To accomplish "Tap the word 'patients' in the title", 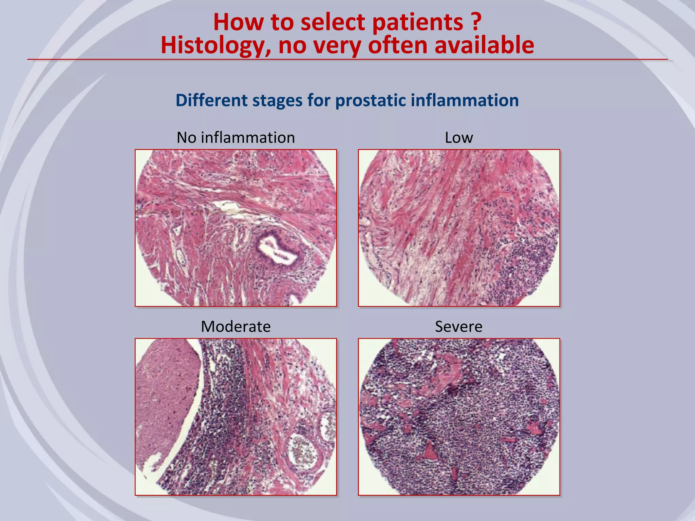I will pyautogui.click(x=418, y=22).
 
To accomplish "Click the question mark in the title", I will pyautogui.click(x=476, y=22).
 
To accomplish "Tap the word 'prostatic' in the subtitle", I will pyautogui.click(x=370, y=100).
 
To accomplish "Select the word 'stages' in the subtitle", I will pyautogui.click(x=277, y=100).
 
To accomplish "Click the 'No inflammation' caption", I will pyautogui.click(x=236, y=138).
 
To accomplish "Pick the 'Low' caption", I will pyautogui.click(x=459, y=138).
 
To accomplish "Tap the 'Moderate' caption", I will pyautogui.click(x=236, y=327).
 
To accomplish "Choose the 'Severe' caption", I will pyautogui.click(x=459, y=327).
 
